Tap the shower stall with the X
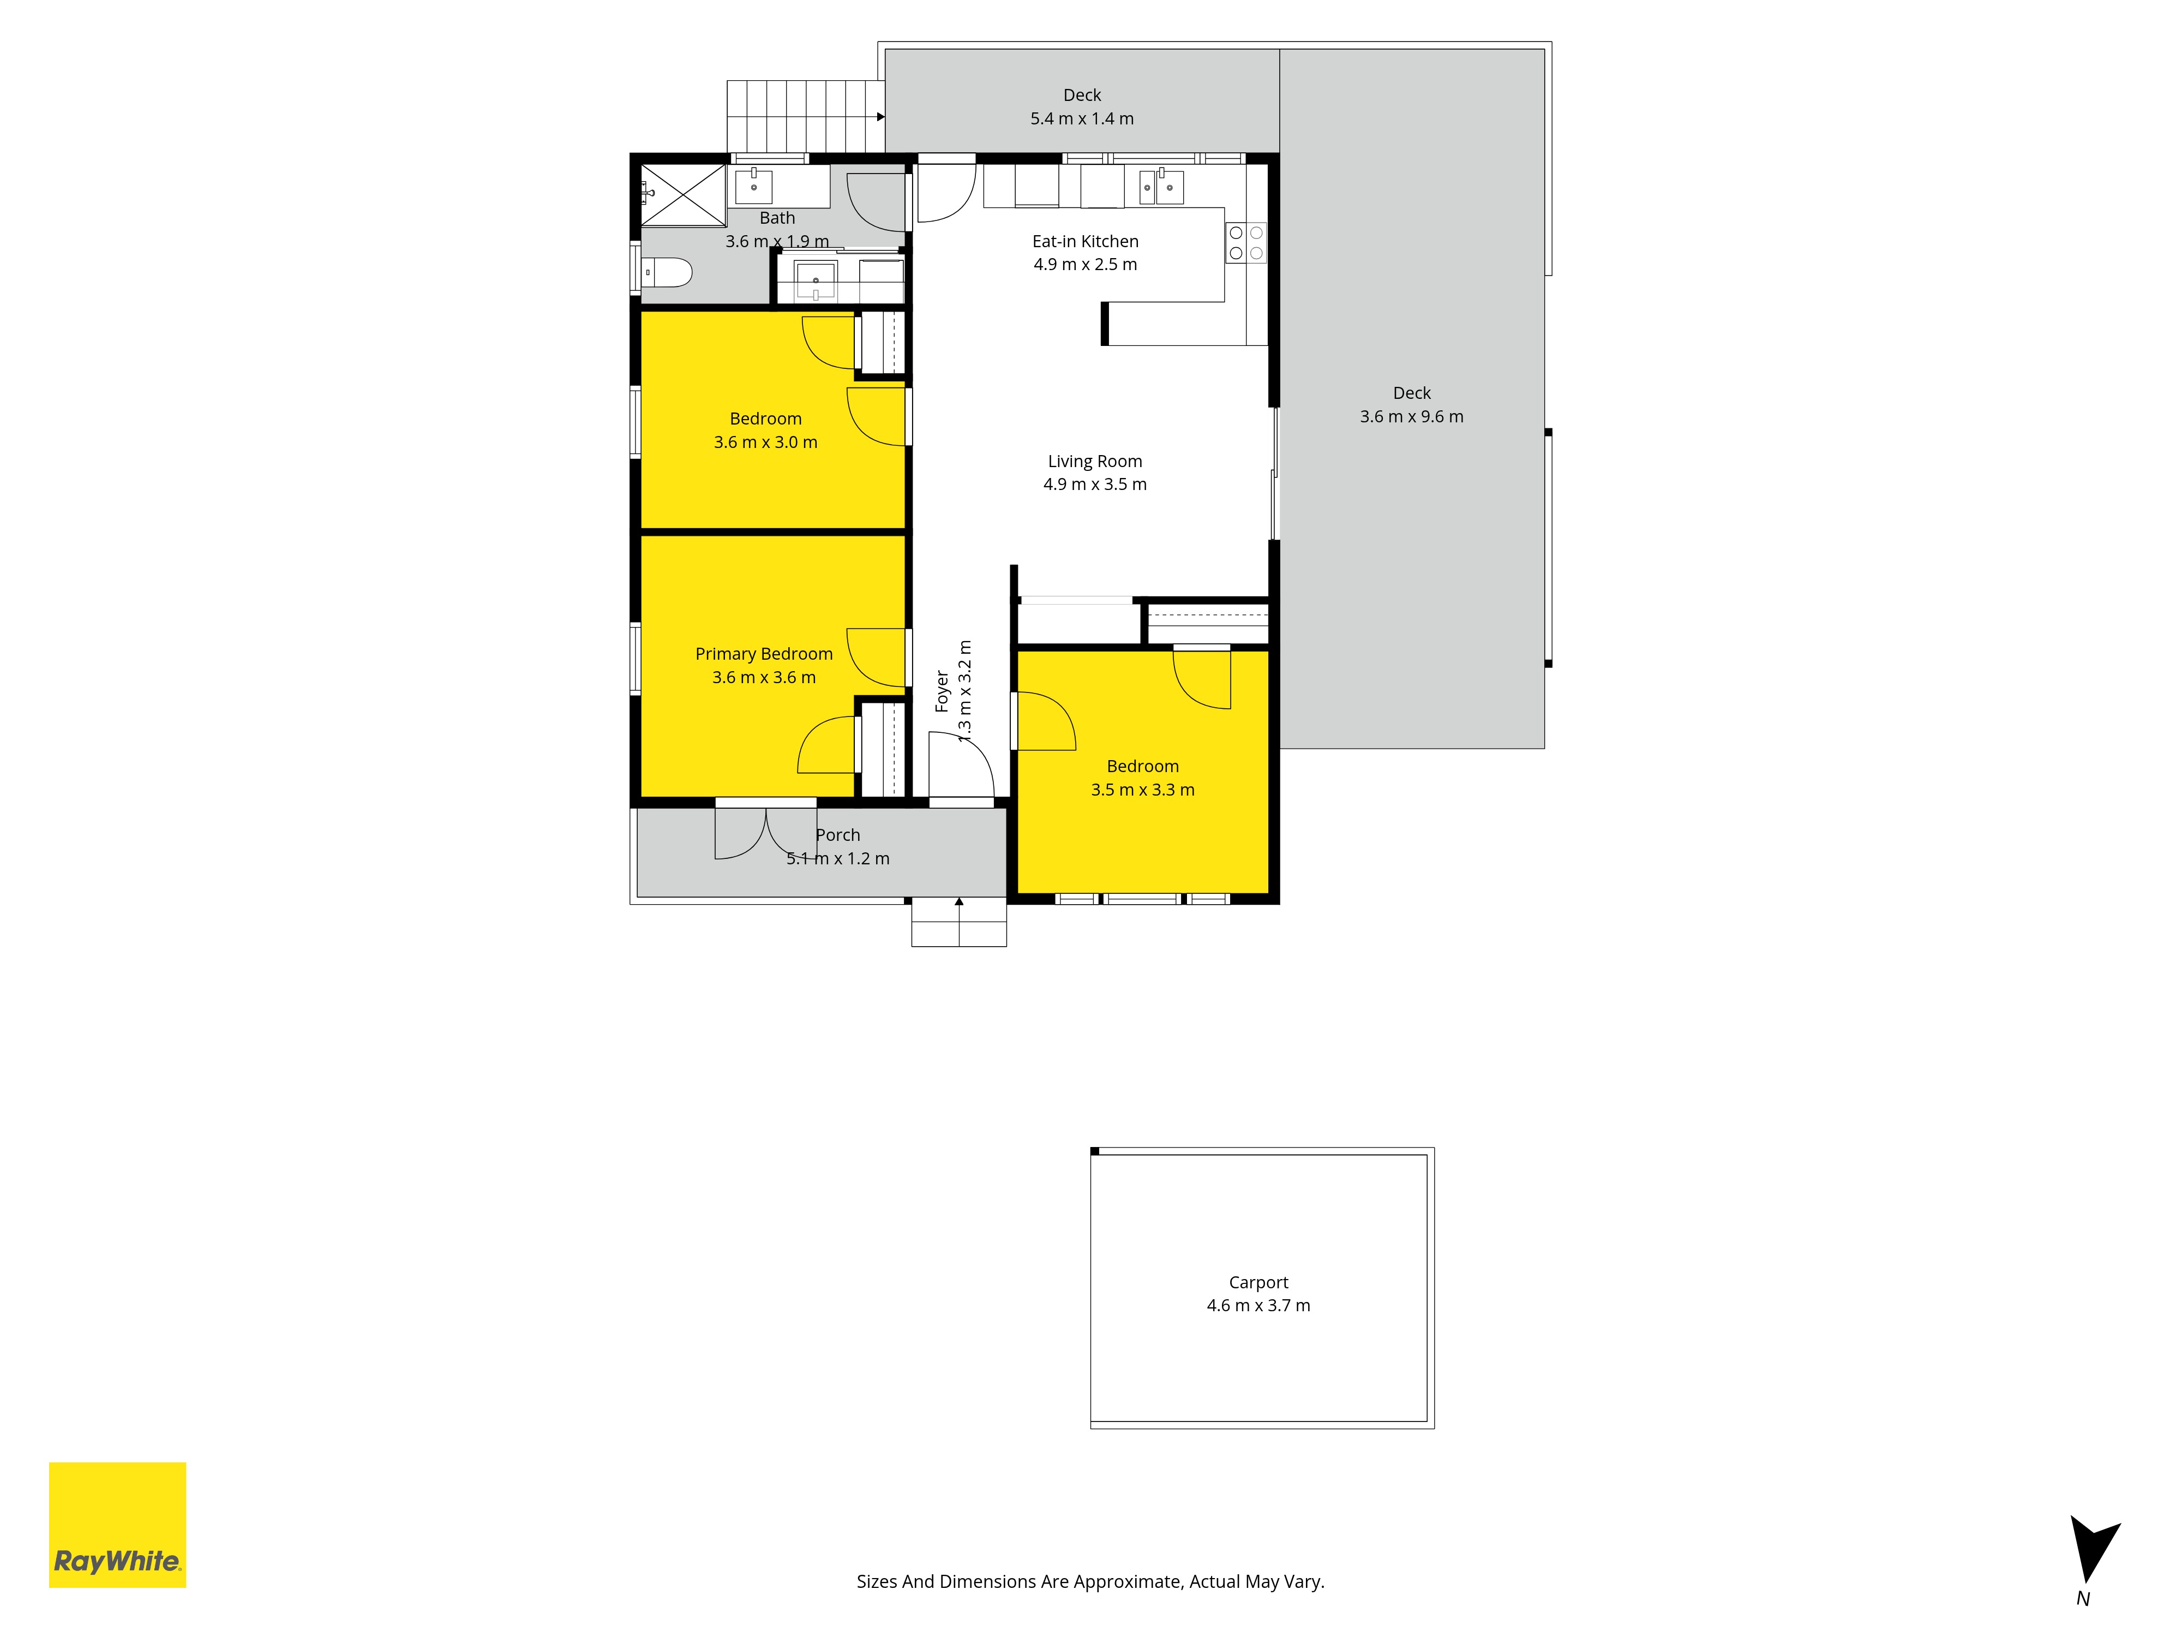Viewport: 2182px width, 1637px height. click(x=684, y=195)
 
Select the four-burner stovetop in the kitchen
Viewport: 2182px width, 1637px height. click(x=1246, y=243)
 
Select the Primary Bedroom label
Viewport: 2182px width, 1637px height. click(x=764, y=654)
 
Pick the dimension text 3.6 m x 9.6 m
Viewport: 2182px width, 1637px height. click(x=1412, y=416)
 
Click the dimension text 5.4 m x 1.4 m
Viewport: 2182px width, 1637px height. click(x=1082, y=118)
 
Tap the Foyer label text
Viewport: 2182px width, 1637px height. click(x=942, y=691)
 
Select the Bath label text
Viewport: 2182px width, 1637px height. click(x=777, y=218)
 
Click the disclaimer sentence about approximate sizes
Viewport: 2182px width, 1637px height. click(x=1090, y=1582)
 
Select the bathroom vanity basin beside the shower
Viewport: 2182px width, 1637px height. click(x=754, y=186)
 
